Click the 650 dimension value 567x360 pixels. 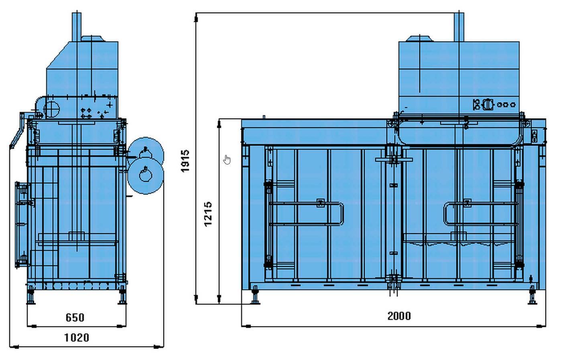75,317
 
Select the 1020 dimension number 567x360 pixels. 77,338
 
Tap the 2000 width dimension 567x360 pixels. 399,316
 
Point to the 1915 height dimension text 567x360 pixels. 185,161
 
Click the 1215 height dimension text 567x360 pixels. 208,214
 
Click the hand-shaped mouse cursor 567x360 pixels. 227,159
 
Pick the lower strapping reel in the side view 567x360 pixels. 145,176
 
